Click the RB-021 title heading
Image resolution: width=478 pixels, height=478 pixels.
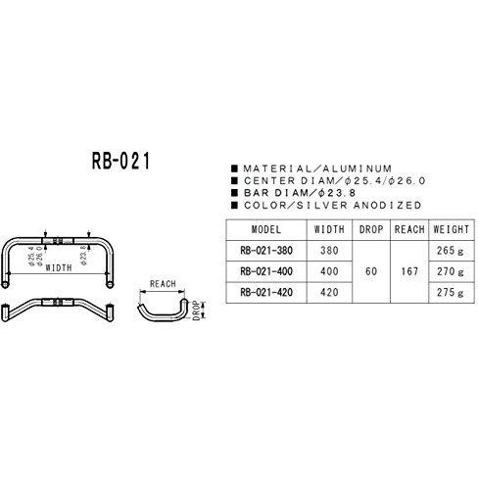coord(120,161)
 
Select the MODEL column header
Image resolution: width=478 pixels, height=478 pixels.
coord(266,229)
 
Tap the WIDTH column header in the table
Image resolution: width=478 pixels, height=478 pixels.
coord(329,229)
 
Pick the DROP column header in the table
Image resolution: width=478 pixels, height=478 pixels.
coord(371,229)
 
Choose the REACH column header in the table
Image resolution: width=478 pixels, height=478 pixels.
coord(409,229)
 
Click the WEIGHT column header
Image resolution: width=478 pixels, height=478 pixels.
coord(452,229)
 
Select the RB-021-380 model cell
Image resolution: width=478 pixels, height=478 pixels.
coord(266,251)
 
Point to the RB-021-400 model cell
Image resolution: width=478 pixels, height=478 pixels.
coord(266,271)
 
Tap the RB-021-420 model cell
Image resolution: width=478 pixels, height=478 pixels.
coord(266,292)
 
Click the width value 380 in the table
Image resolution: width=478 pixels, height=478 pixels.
coord(329,251)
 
